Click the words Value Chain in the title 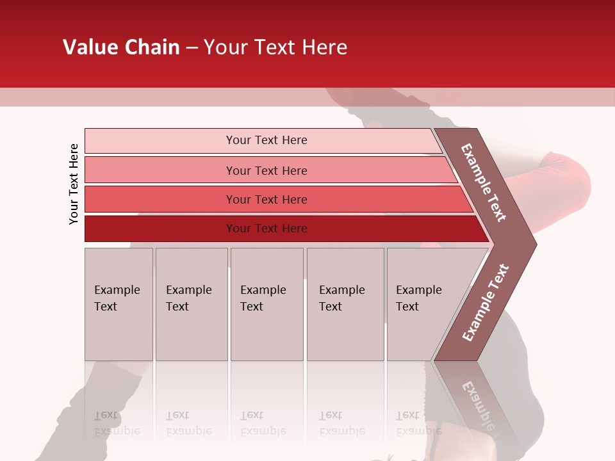(x=121, y=47)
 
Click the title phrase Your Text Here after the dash (x=275, y=47)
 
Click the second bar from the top (x=266, y=170)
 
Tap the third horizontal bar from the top (x=266, y=199)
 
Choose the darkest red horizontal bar (x=266, y=229)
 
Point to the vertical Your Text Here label (x=74, y=184)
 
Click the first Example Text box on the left (x=119, y=304)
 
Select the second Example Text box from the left (x=191, y=304)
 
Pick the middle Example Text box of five (x=266, y=304)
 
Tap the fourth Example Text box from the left (x=345, y=304)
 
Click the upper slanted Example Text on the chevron (x=484, y=182)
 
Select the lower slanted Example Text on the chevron (x=486, y=302)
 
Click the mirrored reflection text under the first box (x=117, y=424)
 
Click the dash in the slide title (x=192, y=48)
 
